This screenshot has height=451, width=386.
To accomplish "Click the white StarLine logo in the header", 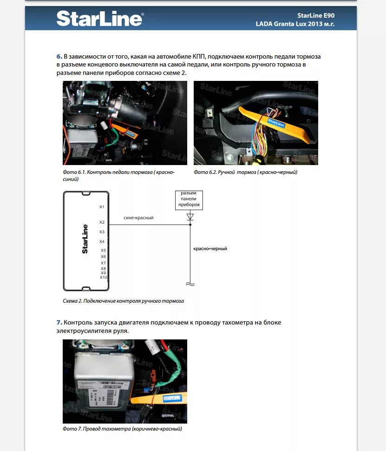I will coord(99,19).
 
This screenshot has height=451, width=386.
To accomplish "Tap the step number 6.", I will coord(59,57).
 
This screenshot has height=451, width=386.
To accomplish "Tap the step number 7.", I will coord(59,323).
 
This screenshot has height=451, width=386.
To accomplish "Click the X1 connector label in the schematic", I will coord(102,207).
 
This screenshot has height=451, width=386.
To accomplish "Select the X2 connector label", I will coord(102,223).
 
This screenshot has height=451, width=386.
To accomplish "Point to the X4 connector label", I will coord(102,242).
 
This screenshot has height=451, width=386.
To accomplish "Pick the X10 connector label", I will coord(103,278).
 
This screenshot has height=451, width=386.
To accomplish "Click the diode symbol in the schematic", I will coord(190,217).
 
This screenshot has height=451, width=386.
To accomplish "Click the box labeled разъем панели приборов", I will coord(189,199).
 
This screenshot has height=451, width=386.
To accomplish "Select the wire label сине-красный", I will coord(138,218).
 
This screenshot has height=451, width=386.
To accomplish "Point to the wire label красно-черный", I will coord(210,249).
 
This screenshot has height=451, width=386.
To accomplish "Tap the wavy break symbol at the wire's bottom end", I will coord(190,284).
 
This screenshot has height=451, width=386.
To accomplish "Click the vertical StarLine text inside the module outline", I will coord(85,239).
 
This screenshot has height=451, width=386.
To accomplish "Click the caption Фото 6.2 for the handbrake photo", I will coord(245,172).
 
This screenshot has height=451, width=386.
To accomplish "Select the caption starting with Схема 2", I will coord(123,301).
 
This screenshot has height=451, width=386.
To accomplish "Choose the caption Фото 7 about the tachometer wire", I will coord(122,429).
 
